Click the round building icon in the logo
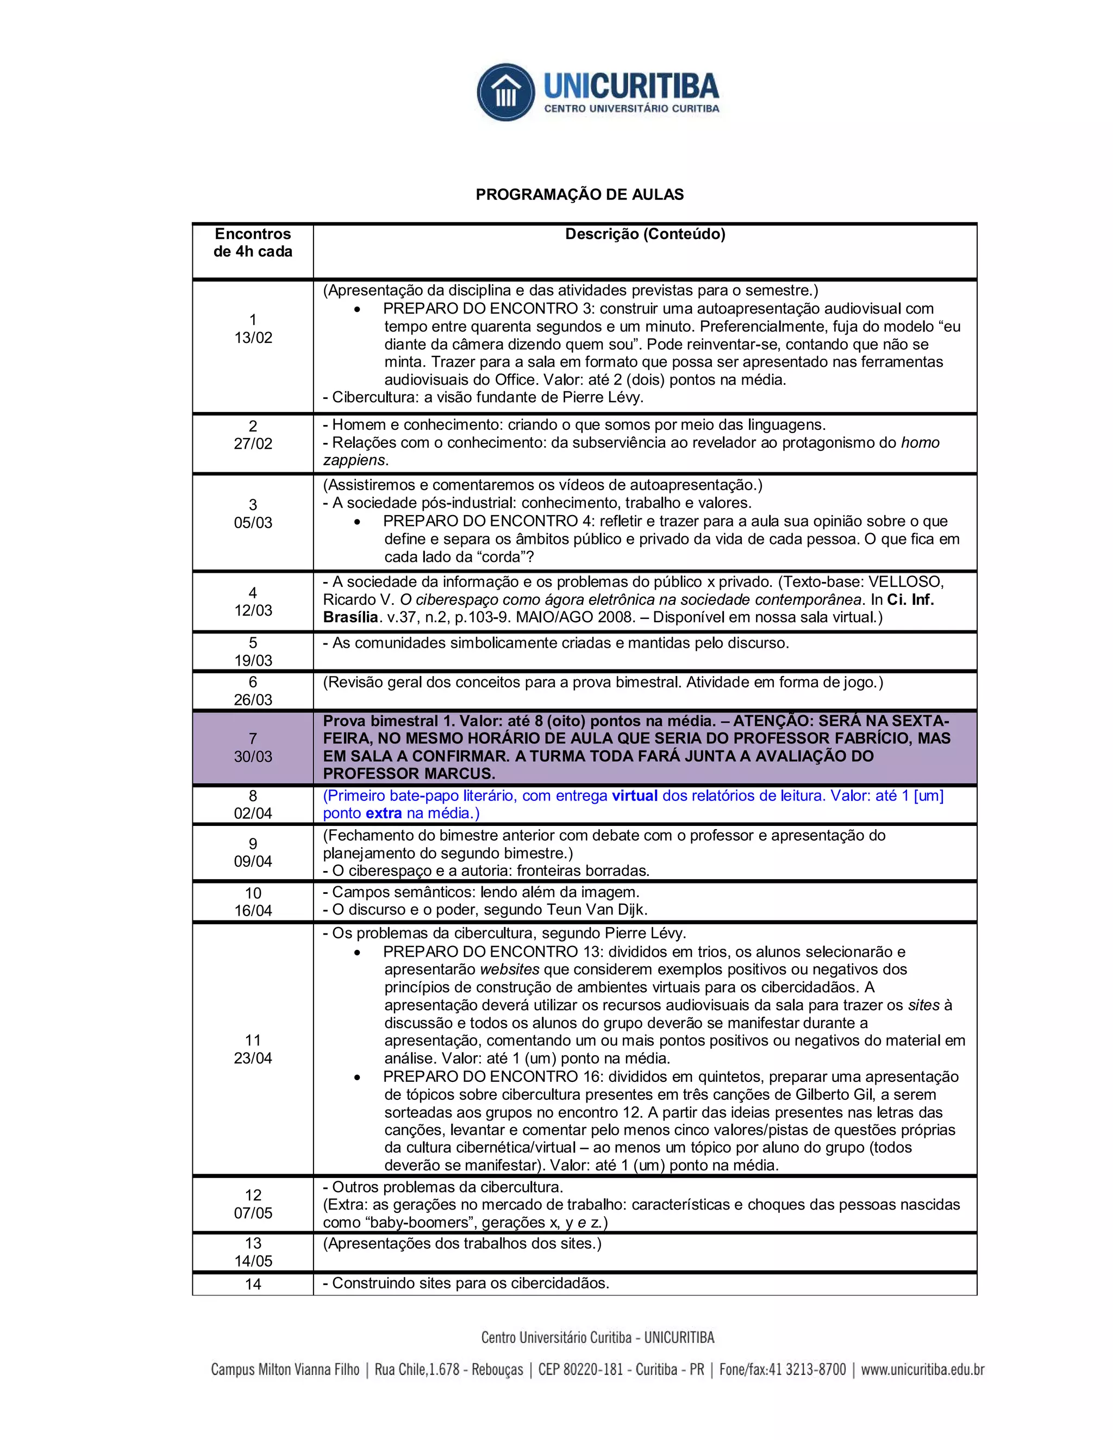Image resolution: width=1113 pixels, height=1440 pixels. pos(506,92)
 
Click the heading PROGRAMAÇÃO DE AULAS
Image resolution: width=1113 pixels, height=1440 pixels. pos(579,195)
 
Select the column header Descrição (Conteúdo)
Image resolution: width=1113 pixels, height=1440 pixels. pos(645,234)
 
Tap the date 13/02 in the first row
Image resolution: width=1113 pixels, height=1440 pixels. pos(253,337)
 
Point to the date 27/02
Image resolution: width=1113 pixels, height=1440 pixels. pos(253,444)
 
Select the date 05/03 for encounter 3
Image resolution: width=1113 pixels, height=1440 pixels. pos(253,523)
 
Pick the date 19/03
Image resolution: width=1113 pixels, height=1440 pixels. pos(253,660)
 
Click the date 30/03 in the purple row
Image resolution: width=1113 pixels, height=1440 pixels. pos(253,756)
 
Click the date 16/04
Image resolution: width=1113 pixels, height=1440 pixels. pos(253,911)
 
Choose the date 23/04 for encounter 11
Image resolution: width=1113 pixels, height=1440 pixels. pos(253,1058)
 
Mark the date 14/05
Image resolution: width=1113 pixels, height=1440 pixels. pos(253,1261)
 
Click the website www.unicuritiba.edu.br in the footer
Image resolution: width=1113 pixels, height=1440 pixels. pos(922,1369)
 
